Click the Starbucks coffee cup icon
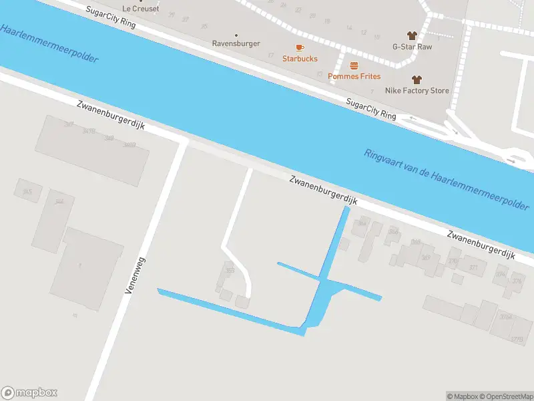299,47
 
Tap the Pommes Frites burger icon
354,65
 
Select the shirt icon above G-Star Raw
412,35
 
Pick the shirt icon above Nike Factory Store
417,79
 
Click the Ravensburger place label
236,44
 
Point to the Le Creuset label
140,8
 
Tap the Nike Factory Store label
417,90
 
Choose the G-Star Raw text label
412,47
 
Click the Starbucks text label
300,59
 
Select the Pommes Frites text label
354,76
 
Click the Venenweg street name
135,275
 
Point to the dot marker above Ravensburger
236,35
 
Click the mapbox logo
29,393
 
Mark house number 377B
516,340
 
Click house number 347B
89,131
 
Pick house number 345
27,192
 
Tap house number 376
517,281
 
